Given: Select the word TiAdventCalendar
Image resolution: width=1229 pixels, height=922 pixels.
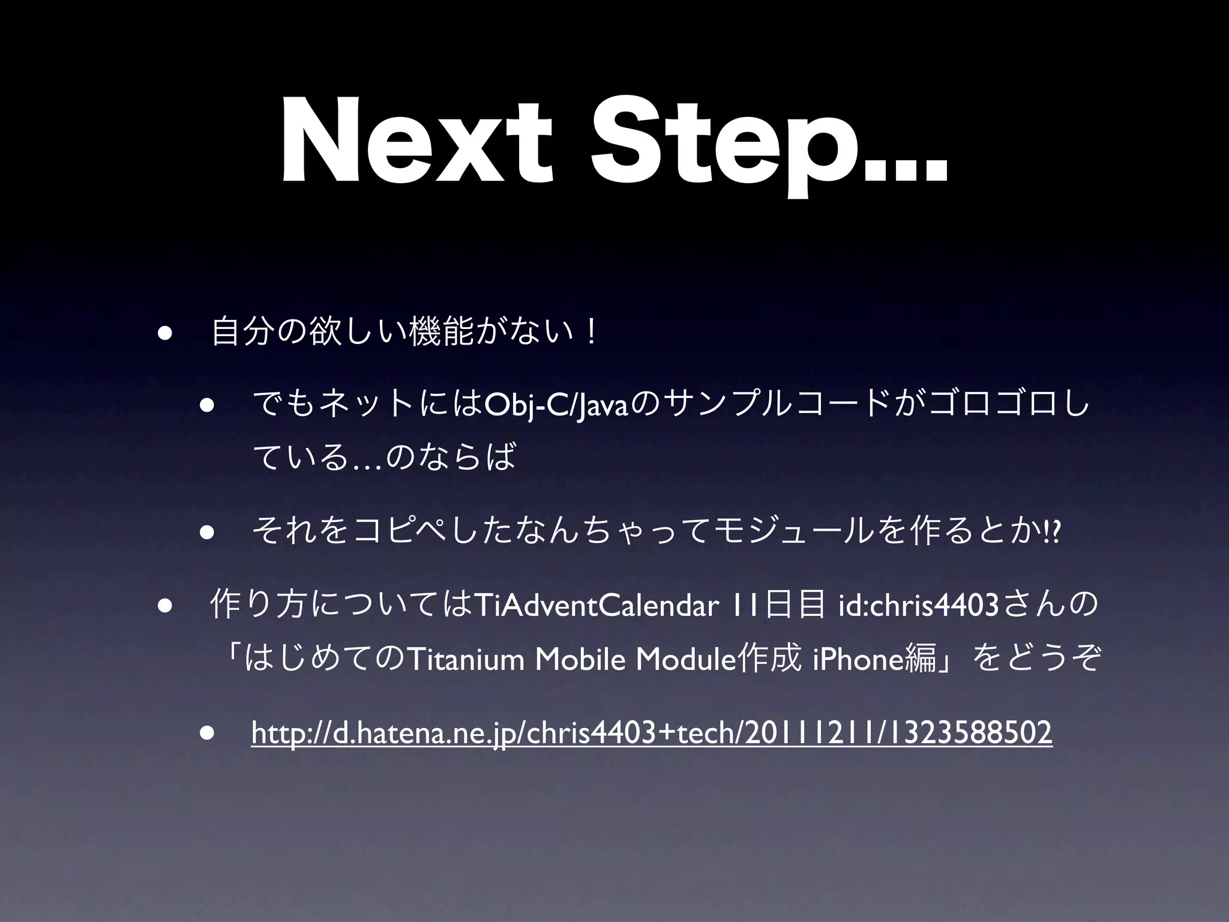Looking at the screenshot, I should coord(596,606).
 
